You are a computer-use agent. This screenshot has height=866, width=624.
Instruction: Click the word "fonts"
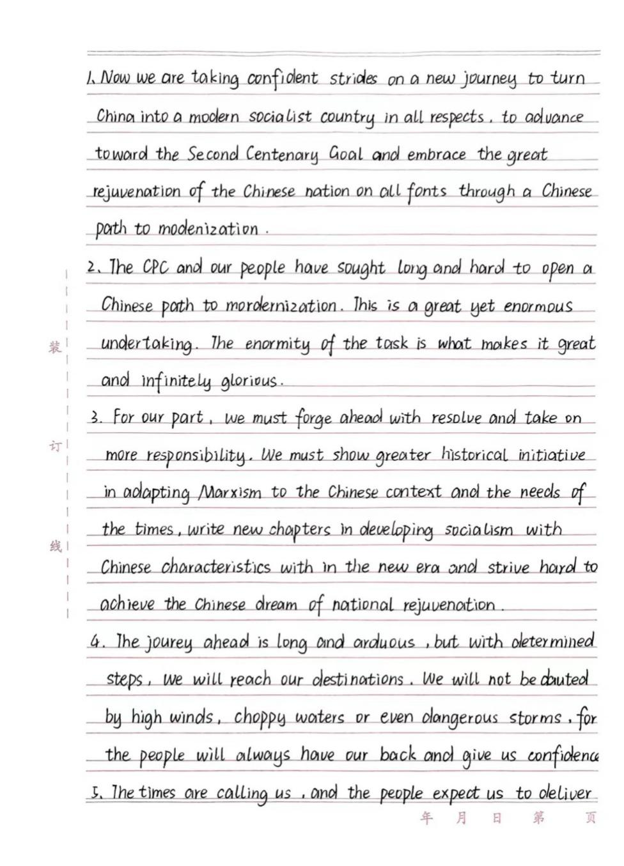(426, 192)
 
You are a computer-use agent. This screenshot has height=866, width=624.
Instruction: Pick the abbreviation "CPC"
(155, 267)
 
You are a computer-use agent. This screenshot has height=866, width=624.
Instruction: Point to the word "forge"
(313, 419)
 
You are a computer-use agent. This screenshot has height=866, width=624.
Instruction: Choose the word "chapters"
(300, 530)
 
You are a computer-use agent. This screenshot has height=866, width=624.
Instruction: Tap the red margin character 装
(54, 348)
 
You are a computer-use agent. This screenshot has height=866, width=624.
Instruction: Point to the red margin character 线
(56, 546)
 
